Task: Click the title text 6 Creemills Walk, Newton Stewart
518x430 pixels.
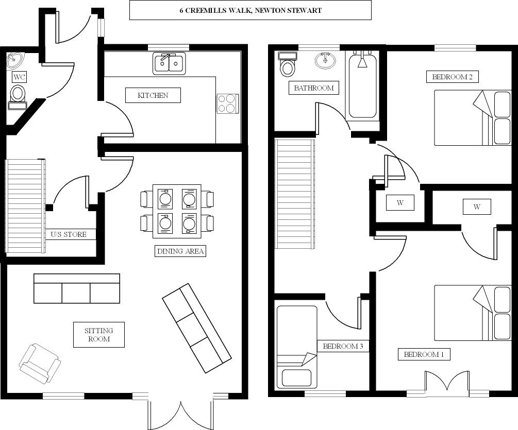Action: [250, 10]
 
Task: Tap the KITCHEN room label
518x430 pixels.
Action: [153, 95]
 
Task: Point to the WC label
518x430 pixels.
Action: [20, 77]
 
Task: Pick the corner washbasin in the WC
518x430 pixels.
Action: [14, 60]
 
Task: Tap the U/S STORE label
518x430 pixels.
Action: [72, 235]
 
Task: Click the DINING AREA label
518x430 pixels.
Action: [180, 251]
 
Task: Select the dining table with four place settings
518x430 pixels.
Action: [176, 212]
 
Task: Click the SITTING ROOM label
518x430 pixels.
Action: [98, 335]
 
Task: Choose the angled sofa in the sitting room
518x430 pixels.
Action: [196, 324]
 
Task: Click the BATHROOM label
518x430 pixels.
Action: [314, 88]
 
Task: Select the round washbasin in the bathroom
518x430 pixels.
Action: [325, 60]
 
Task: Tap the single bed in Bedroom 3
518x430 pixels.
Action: [296, 348]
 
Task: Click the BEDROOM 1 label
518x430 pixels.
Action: [424, 354]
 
